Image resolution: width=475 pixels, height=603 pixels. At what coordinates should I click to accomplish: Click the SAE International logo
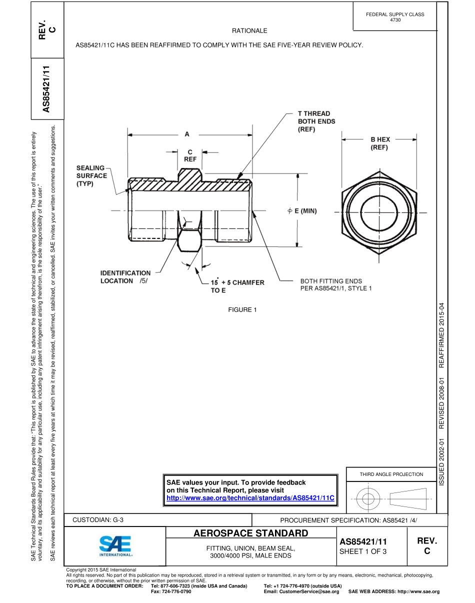coord(115,546)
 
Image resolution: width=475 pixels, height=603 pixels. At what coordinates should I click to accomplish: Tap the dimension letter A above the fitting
coord(187,134)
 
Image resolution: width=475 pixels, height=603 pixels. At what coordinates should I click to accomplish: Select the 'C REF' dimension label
coord(190,155)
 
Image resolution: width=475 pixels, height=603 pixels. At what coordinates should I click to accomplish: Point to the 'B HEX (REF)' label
coord(380,143)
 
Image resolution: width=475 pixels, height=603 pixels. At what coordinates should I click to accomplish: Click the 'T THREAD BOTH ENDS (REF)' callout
coord(316,121)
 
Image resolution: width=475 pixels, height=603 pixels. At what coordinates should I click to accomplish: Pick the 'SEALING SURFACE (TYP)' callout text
coord(91,176)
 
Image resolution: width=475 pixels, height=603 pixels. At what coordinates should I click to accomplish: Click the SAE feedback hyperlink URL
coord(250,498)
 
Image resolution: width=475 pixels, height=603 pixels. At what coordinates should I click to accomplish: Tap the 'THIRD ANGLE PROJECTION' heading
coord(391,474)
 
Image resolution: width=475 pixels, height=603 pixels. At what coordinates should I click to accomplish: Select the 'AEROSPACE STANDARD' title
coord(250,533)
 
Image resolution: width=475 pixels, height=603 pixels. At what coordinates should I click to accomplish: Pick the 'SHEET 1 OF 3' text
coord(363,551)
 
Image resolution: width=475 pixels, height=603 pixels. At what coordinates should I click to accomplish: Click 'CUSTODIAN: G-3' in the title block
coord(98,519)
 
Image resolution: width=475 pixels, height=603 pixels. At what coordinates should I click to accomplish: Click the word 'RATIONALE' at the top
coord(249,31)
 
